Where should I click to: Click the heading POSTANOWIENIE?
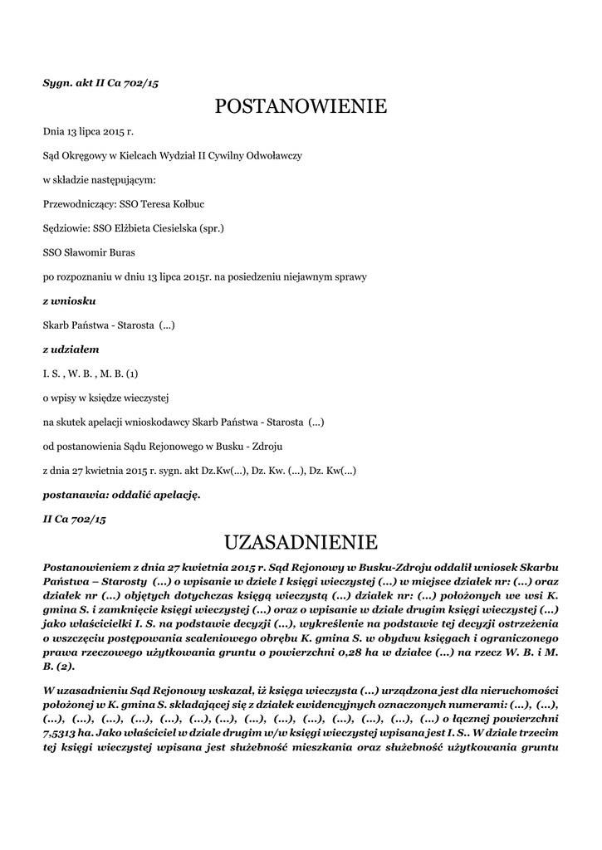pyautogui.click(x=301, y=106)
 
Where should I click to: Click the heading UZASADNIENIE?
pyautogui.click(x=301, y=543)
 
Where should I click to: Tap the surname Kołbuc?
pyautogui.click(x=187, y=203)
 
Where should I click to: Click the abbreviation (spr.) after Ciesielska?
pyautogui.click(x=212, y=227)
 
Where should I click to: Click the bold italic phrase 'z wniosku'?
pyautogui.click(x=69, y=300)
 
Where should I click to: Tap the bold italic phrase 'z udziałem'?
pyautogui.click(x=71, y=349)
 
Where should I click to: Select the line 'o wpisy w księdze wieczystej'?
pyautogui.click(x=105, y=398)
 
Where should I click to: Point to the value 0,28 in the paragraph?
pyautogui.click(x=329, y=652)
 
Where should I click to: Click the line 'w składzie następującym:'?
pyautogui.click(x=99, y=179)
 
